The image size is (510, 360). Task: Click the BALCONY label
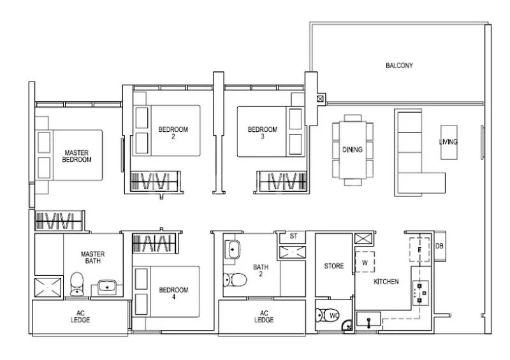click(400, 66)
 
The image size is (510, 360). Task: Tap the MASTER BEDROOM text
click(76, 157)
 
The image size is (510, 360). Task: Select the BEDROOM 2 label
click(173, 133)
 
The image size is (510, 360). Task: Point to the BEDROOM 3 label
click(263, 133)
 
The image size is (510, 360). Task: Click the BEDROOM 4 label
click(173, 294)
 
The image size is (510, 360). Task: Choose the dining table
click(353, 150)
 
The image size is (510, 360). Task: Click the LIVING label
click(448, 141)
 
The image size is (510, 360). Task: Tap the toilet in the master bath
click(76, 284)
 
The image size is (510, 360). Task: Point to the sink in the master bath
click(106, 287)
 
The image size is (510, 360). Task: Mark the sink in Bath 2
click(231, 249)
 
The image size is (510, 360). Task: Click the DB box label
click(439, 246)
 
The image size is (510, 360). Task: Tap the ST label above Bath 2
click(293, 236)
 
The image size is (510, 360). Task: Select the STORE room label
click(333, 266)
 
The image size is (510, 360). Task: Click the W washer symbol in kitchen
click(365, 261)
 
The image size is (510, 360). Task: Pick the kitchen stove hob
click(419, 291)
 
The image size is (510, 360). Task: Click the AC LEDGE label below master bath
click(80, 317)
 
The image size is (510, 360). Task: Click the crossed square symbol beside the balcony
click(320, 99)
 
